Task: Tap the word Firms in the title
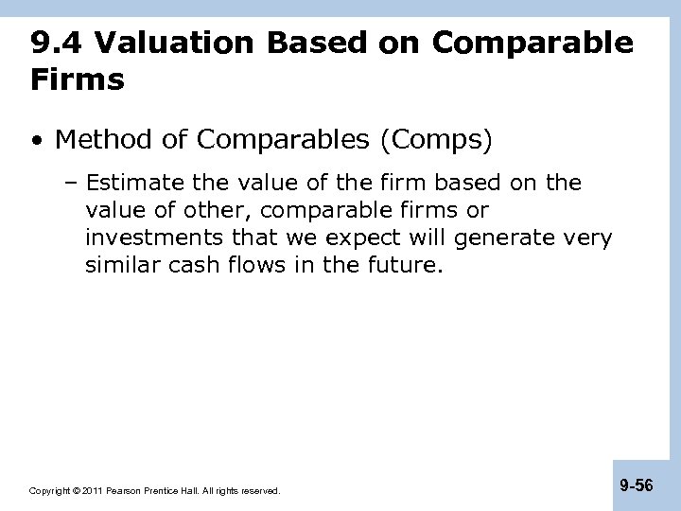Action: pos(77,80)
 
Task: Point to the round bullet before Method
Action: pos(36,142)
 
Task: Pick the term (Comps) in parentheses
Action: pos(435,141)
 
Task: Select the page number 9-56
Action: pos(636,486)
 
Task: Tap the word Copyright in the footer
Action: pos(51,491)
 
